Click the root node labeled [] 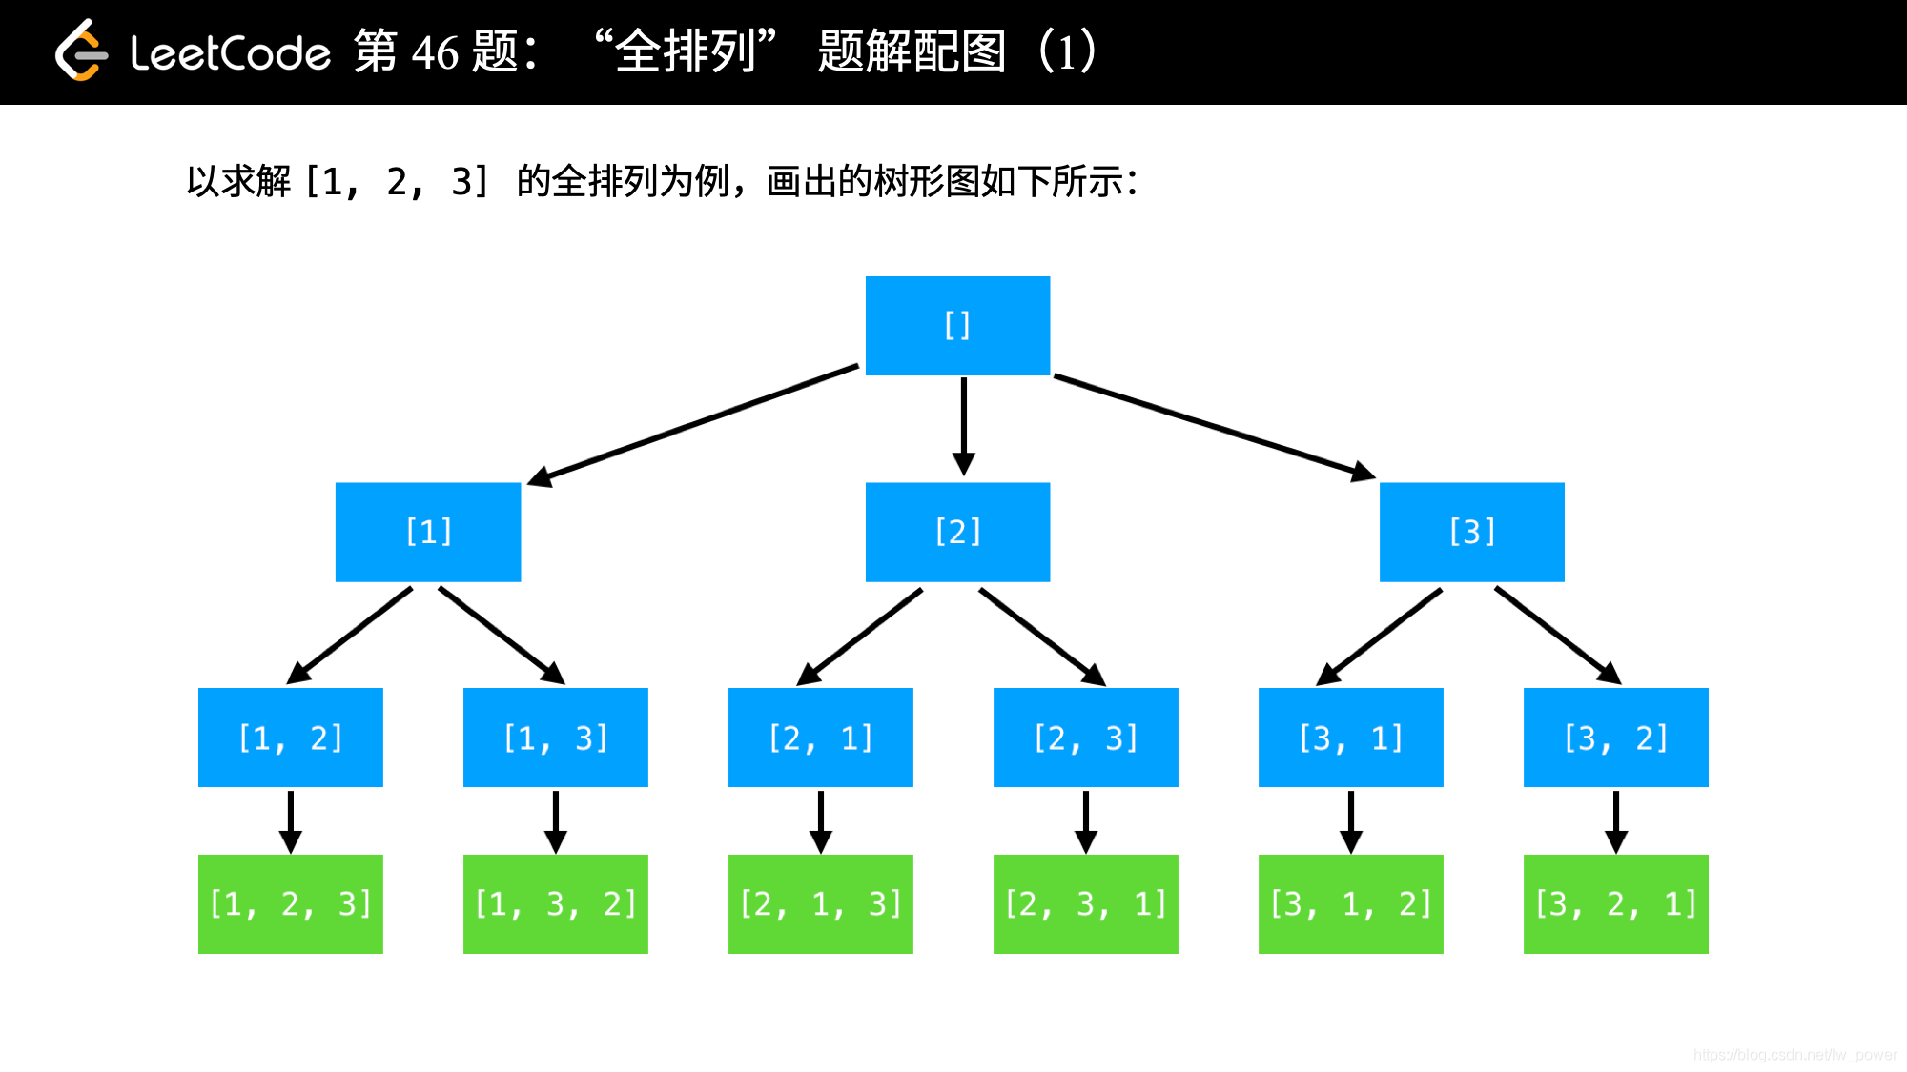click(x=957, y=326)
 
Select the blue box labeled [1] click(x=428, y=532)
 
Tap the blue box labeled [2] click(x=957, y=532)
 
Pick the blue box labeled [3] click(x=1471, y=532)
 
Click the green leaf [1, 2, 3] click(x=290, y=903)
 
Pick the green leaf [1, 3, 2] click(x=555, y=903)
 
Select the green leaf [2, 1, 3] click(x=820, y=903)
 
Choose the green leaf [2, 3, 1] click(x=1085, y=903)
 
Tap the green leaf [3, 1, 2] click(x=1350, y=903)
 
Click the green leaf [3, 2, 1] click(x=1615, y=903)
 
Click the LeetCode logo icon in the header click(x=81, y=51)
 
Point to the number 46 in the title click(x=435, y=52)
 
